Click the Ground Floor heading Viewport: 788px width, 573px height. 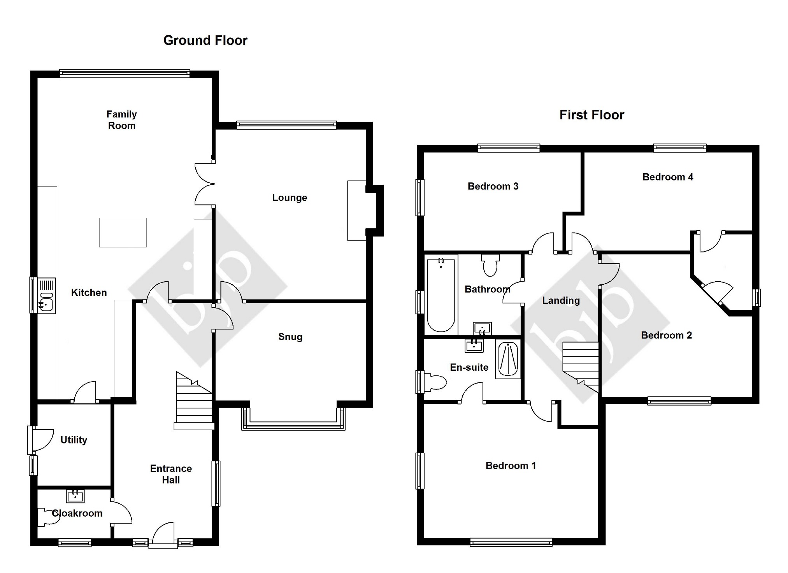pos(205,40)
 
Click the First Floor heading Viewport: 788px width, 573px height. pos(591,115)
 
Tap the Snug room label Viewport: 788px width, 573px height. pos(290,337)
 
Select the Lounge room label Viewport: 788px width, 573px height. pos(290,198)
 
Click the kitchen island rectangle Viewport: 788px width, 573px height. pos(123,233)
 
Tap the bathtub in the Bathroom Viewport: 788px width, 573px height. pos(441,295)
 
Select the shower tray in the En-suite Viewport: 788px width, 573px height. pos(508,359)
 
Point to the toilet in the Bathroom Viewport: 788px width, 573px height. pos(490,265)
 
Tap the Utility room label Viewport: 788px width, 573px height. pos(74,440)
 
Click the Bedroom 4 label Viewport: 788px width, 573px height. pos(668,177)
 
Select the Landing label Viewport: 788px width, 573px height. pos(561,300)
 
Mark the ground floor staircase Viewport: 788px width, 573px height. pos(193,401)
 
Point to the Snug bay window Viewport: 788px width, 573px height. pos(293,426)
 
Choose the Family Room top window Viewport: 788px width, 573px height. pos(125,73)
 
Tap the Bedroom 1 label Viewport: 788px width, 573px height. pos(511,466)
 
